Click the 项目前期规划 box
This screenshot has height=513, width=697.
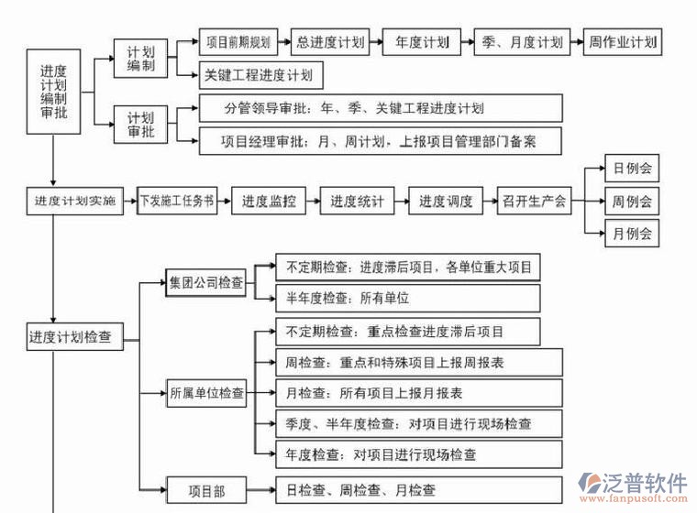click(238, 42)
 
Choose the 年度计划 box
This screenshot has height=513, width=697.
click(422, 42)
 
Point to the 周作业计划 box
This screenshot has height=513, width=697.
click(623, 42)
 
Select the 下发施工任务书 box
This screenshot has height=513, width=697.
click(178, 201)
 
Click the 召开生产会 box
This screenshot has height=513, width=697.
click(534, 201)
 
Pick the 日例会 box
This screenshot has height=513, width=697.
click(631, 168)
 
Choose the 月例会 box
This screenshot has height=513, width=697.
click(631, 234)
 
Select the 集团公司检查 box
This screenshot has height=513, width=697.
click(206, 283)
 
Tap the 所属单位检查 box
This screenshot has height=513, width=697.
click(206, 394)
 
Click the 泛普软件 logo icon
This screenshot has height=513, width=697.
click(586, 486)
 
